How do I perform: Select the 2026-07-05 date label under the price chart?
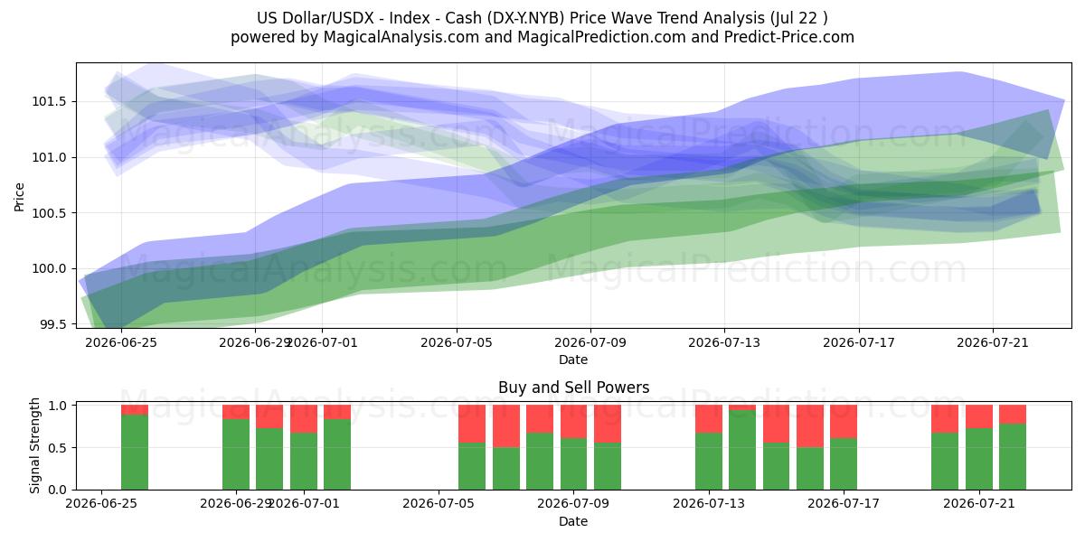coord(457,342)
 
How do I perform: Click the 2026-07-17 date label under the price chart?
coord(859,342)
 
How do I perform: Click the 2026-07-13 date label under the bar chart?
coord(709,503)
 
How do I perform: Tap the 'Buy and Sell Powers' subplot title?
coord(573,388)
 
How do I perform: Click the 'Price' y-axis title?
coord(19,197)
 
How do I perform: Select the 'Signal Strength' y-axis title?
coord(34,445)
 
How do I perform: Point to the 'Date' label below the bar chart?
coord(573,521)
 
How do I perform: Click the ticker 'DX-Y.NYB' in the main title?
coord(526,18)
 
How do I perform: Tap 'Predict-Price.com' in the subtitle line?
coord(789,37)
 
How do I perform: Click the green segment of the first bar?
coord(135,452)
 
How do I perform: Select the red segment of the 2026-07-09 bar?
coord(573,422)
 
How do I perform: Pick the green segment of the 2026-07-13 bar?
coord(709,462)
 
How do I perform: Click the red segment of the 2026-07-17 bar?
coord(844,422)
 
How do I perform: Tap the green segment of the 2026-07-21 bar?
coord(979,459)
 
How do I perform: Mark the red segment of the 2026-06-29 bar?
coord(236,412)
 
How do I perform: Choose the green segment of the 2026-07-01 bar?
coord(304,462)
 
